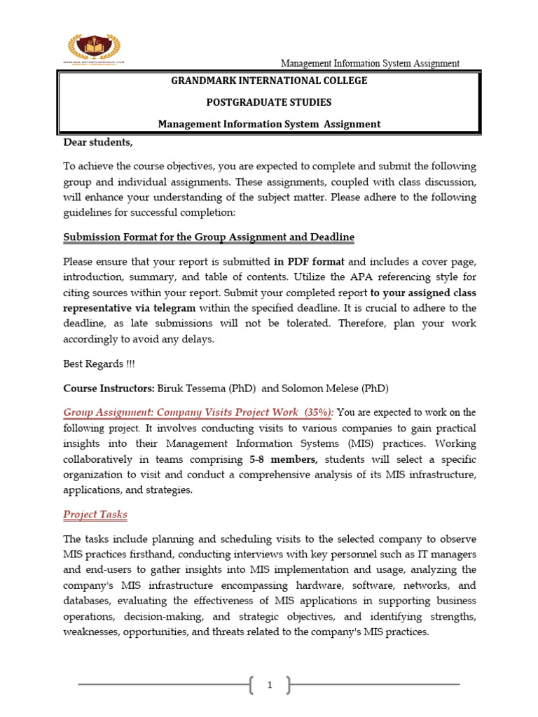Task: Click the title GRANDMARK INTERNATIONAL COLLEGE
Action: [269, 81]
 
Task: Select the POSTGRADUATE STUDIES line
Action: [269, 102]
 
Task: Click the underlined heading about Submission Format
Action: [209, 237]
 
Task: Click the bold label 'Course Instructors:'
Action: [109, 388]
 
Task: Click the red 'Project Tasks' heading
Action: [95, 515]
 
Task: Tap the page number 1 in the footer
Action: [269, 685]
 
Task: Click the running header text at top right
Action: [370, 63]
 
